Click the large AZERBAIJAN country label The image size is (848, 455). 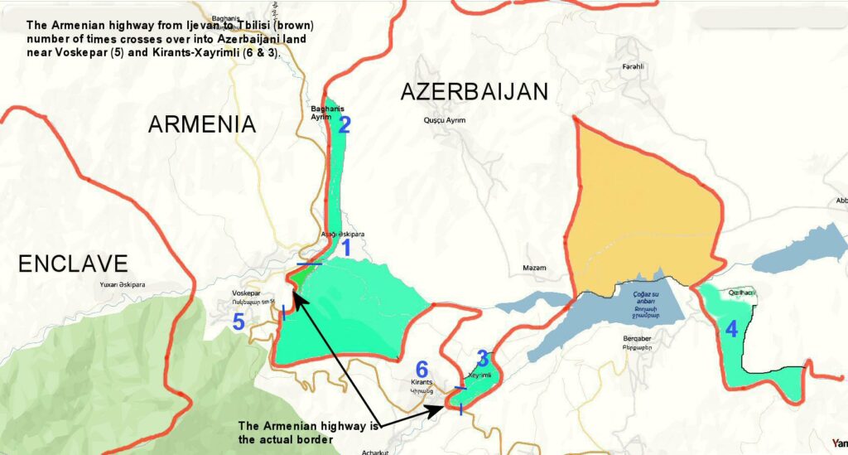[475, 92]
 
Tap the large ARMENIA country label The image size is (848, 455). [202, 124]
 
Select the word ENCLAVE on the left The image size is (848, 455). [74, 264]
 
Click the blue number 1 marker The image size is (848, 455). [347, 247]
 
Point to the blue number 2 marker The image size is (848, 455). [344, 125]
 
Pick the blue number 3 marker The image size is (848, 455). [482, 359]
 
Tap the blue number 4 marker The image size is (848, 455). [731, 329]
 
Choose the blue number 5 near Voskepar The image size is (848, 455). [238, 322]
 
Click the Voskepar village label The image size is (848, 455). [246, 293]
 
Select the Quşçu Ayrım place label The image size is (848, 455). [444, 120]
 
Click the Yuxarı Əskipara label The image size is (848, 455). [122, 285]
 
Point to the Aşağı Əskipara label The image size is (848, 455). [343, 234]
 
